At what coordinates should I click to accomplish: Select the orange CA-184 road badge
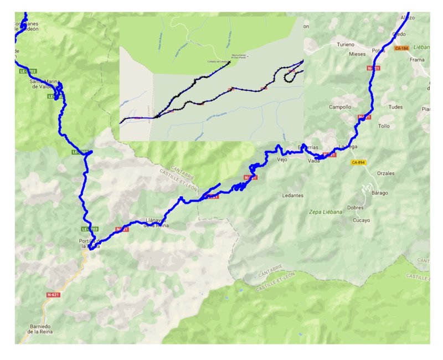(401, 49)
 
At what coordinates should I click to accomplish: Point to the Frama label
(416, 59)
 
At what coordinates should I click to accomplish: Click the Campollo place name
(340, 107)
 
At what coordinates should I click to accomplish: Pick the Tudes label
(395, 107)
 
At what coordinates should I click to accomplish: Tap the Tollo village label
(384, 126)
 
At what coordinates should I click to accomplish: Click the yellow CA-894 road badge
(359, 162)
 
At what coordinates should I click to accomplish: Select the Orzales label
(385, 173)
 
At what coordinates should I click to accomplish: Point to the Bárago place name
(379, 193)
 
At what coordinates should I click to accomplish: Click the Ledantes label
(293, 196)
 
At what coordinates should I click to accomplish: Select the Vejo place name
(281, 160)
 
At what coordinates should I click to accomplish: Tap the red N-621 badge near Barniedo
(53, 295)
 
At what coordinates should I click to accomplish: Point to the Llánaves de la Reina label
(156, 222)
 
